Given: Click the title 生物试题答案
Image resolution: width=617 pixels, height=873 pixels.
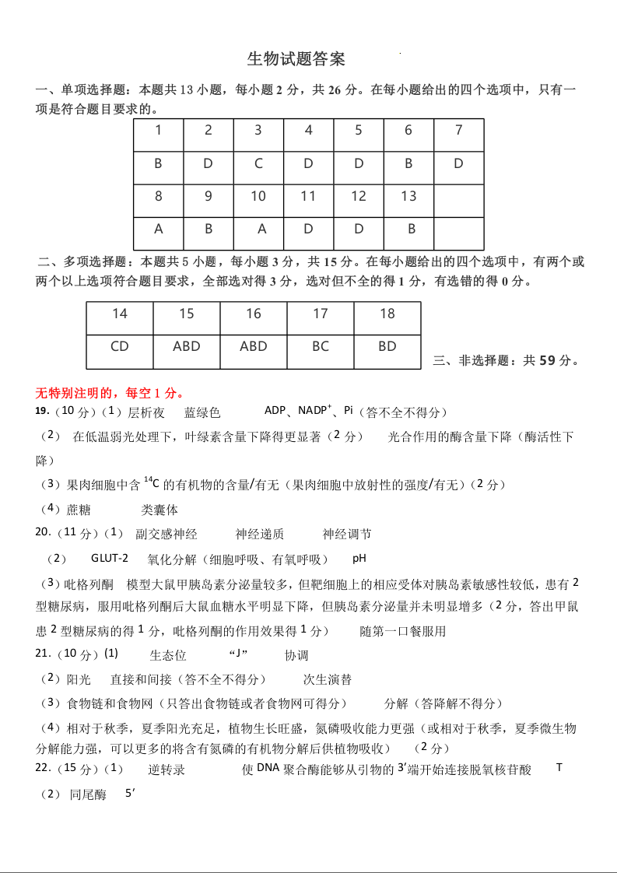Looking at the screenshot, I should click(296, 59).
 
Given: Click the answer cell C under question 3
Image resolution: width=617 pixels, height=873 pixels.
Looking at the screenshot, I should click(258, 163).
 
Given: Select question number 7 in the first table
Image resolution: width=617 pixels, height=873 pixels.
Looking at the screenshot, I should click(458, 131).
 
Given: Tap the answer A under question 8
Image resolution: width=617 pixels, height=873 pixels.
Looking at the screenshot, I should click(159, 229).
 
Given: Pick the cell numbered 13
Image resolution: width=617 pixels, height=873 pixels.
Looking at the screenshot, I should click(408, 196).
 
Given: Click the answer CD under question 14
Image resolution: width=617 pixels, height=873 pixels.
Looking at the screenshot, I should click(120, 346).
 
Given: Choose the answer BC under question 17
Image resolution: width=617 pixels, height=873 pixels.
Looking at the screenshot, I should click(321, 346).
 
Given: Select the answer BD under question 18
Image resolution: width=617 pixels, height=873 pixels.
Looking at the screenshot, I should click(387, 346).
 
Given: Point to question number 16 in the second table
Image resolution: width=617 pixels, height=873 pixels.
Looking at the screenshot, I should click(254, 314).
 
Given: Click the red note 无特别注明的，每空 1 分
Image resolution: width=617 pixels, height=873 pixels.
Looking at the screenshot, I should click(110, 392).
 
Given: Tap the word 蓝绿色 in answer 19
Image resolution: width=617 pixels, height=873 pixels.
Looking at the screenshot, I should click(202, 412).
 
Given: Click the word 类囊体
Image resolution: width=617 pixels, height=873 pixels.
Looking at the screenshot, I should click(160, 510).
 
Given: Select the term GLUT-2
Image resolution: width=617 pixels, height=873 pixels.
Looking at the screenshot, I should click(110, 558).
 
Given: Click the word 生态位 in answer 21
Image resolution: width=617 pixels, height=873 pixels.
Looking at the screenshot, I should click(168, 655).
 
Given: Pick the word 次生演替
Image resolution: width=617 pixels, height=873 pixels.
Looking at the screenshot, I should click(328, 679).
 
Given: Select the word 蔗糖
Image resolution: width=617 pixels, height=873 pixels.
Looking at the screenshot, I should click(79, 510).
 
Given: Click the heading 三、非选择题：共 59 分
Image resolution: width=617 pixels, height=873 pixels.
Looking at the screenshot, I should click(506, 360).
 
